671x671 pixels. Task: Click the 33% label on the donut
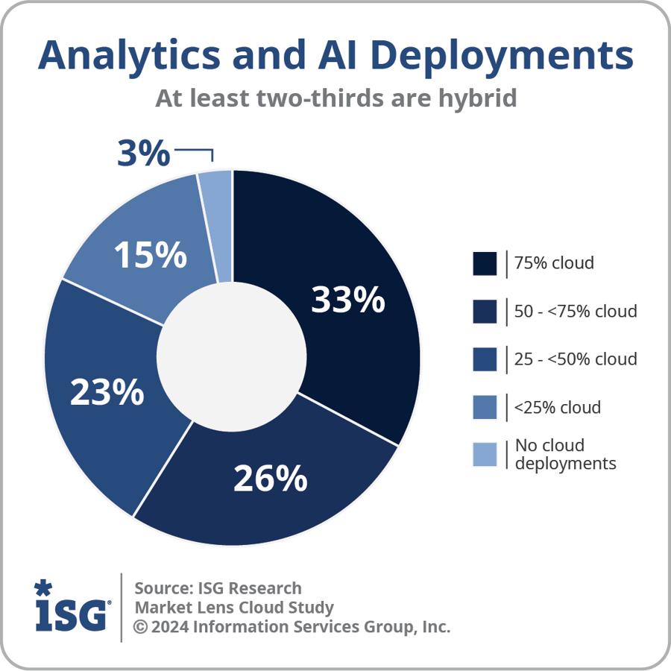(347, 300)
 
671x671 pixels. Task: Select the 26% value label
(270, 478)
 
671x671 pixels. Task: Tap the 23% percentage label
(107, 392)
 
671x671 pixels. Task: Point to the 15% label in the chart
(150, 256)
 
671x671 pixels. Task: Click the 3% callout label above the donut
(144, 154)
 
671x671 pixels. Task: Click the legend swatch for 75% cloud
(485, 264)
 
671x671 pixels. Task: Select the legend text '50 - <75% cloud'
(576, 311)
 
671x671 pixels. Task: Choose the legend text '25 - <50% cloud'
(576, 359)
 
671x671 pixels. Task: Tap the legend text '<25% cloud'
(557, 407)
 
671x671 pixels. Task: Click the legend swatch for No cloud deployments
(485, 455)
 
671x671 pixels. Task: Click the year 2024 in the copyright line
(170, 626)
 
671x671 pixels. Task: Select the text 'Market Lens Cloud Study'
(234, 607)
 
